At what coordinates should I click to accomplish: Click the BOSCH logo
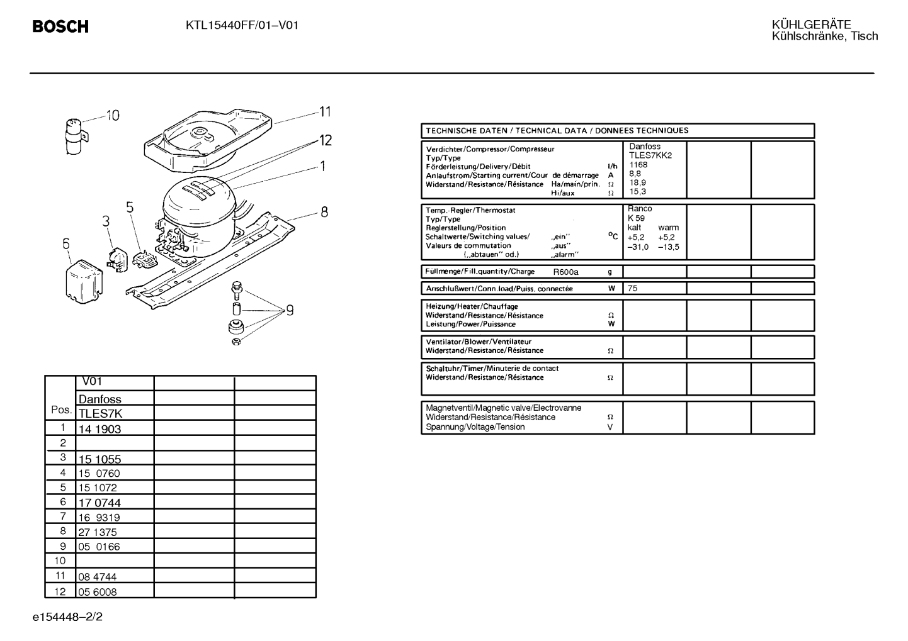tap(60, 26)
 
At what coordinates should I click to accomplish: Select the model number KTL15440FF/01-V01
tap(242, 26)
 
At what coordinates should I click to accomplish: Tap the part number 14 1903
tap(99, 429)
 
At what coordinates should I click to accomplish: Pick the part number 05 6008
tap(97, 592)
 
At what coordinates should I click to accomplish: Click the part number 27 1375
tap(97, 532)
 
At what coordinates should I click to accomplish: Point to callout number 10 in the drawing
tap(113, 115)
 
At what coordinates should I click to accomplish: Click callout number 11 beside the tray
tap(325, 112)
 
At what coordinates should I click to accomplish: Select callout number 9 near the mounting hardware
tap(290, 311)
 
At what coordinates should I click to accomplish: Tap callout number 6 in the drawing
tap(65, 243)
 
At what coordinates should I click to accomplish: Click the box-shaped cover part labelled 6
tap(84, 281)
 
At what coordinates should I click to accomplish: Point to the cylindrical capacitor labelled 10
tap(75, 136)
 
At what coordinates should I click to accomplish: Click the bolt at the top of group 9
tap(237, 291)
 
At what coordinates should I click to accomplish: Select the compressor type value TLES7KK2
tap(650, 155)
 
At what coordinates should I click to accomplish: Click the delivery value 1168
tap(638, 165)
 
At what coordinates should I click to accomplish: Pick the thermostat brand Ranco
tap(640, 209)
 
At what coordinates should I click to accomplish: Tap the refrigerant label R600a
tap(565, 272)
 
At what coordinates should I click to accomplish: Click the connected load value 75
tap(632, 289)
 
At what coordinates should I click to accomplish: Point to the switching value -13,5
tap(669, 247)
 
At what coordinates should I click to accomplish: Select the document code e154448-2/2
tap(68, 617)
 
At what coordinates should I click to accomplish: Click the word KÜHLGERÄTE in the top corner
tap(811, 25)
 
